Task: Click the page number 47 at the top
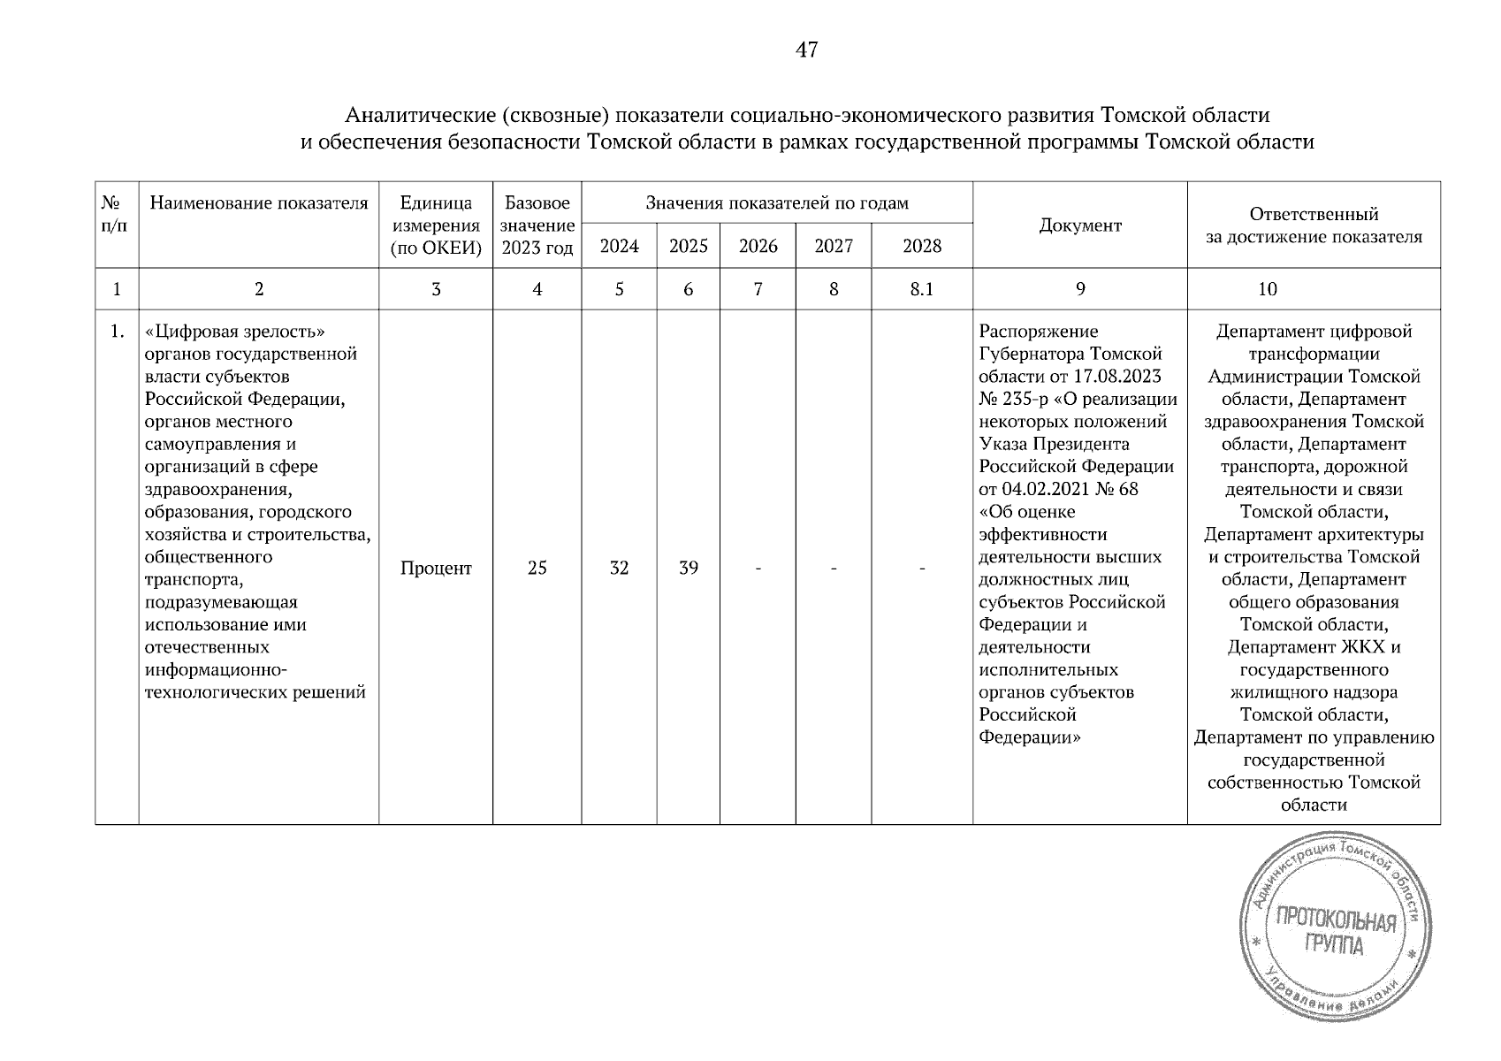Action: pos(806,50)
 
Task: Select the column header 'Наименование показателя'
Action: pos(258,203)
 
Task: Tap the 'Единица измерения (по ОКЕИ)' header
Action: pos(436,226)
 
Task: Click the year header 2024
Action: pos(619,247)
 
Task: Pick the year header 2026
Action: pos(758,247)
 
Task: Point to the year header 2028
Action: pos(922,247)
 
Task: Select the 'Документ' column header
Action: pos(1079,225)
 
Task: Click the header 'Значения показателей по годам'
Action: pos(776,203)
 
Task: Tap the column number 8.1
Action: pos(922,289)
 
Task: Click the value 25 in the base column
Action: pos(537,569)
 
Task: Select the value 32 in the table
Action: pos(619,569)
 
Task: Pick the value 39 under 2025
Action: pos(688,569)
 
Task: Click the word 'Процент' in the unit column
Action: pos(436,569)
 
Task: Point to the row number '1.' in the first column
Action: pos(116,332)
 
